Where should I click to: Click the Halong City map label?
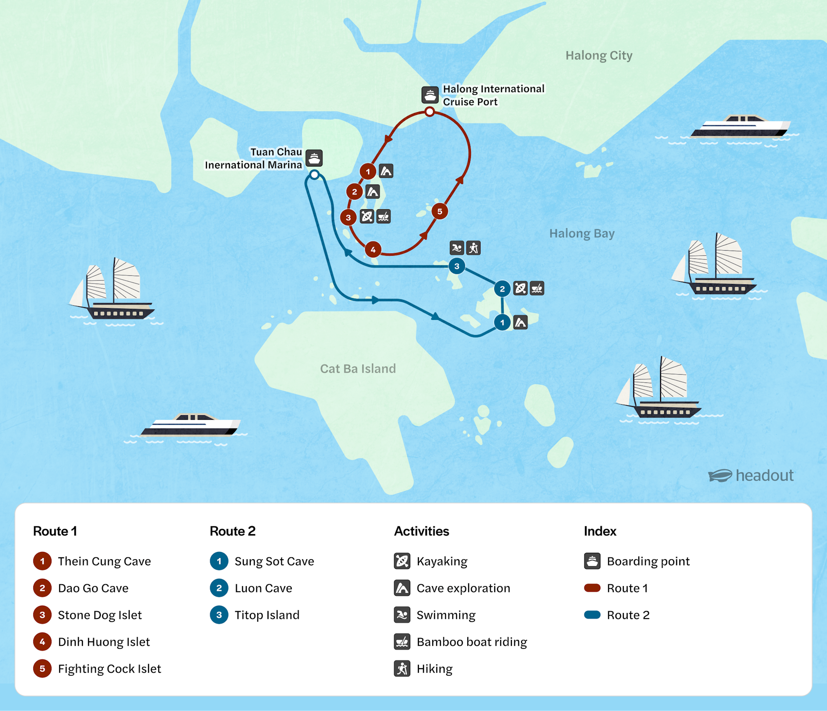(x=599, y=56)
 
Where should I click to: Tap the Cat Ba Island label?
(x=358, y=368)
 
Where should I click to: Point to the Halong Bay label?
(x=582, y=233)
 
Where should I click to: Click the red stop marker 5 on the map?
(x=439, y=211)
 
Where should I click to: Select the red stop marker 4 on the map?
(x=373, y=249)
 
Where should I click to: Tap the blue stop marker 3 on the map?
(x=457, y=266)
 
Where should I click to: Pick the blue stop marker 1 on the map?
(x=502, y=323)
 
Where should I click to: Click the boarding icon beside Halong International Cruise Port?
(x=430, y=95)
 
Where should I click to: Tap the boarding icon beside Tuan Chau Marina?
(x=314, y=158)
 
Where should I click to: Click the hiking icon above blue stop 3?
(x=474, y=248)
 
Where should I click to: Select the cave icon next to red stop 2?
(x=372, y=192)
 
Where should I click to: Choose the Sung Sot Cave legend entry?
(x=274, y=561)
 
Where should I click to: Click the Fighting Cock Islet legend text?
(x=109, y=669)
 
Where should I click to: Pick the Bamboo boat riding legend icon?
(x=402, y=642)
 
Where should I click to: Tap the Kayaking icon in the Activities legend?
(x=402, y=561)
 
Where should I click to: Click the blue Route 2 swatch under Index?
(x=592, y=615)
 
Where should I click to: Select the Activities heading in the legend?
(x=421, y=531)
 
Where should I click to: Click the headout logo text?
(x=765, y=475)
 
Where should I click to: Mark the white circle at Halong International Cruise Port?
(x=429, y=112)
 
